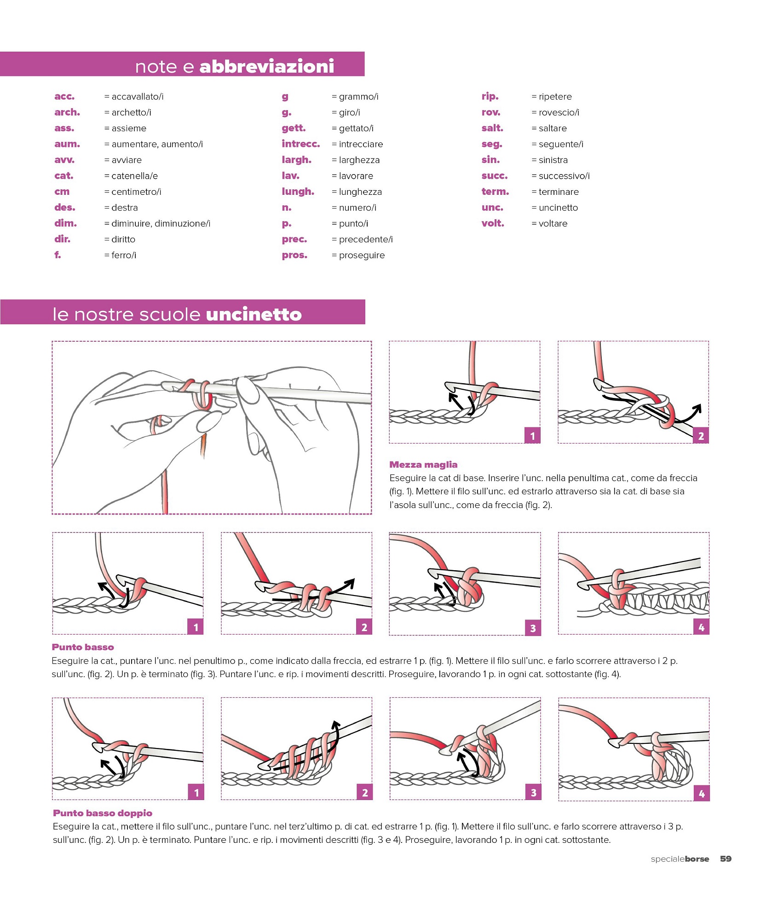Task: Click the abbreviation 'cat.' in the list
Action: pyautogui.click(x=63, y=175)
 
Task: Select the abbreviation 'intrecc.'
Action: pyautogui.click(x=300, y=144)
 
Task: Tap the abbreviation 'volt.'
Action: pyautogui.click(x=493, y=223)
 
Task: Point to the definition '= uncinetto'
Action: pyautogui.click(x=554, y=208)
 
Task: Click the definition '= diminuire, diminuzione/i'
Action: pyautogui.click(x=157, y=223)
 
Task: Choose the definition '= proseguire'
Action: pyautogui.click(x=358, y=255)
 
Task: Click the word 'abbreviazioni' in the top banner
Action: pyautogui.click(x=266, y=66)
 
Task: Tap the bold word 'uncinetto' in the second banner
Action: pyautogui.click(x=254, y=314)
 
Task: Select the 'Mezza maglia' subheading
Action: pyautogui.click(x=423, y=464)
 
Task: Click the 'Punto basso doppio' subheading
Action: pyautogui.click(x=102, y=813)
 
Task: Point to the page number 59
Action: pyautogui.click(x=726, y=859)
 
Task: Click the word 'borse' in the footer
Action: pyautogui.click(x=697, y=859)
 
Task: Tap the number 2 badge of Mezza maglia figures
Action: pyautogui.click(x=701, y=436)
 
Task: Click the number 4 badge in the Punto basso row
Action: pyautogui.click(x=701, y=627)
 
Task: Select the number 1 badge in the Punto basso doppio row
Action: pyautogui.click(x=196, y=793)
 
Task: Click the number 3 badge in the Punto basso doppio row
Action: pyautogui.click(x=533, y=793)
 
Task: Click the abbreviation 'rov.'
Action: pyautogui.click(x=490, y=112)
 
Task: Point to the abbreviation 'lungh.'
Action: pyautogui.click(x=298, y=192)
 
